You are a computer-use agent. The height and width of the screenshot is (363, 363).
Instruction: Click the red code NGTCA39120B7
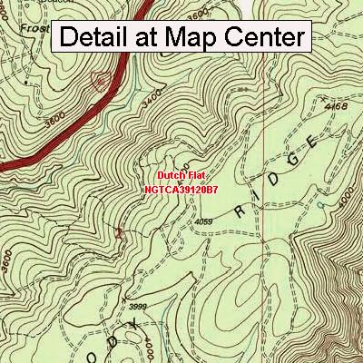pos(181,191)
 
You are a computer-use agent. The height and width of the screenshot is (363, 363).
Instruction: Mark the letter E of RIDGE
pos(313,142)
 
